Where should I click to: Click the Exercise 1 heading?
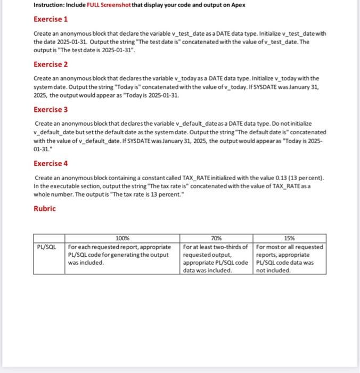tap(51, 20)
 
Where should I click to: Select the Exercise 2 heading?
tap(51, 64)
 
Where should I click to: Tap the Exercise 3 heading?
tap(51, 110)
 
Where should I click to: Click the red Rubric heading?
tap(44, 208)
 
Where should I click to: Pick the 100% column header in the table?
tap(122, 238)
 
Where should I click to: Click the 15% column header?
tap(290, 238)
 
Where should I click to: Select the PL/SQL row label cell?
tap(48, 247)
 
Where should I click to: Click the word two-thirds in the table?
tap(232, 247)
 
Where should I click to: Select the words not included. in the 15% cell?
tap(273, 270)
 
